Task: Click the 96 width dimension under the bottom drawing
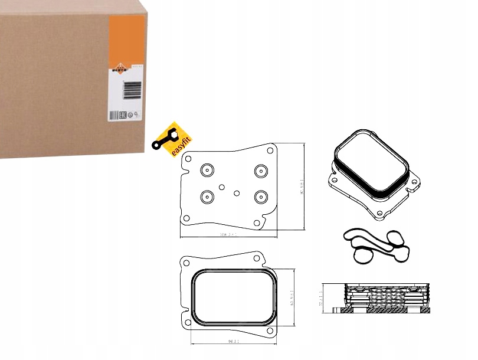point(233,341)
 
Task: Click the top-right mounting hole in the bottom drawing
point(257,257)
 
